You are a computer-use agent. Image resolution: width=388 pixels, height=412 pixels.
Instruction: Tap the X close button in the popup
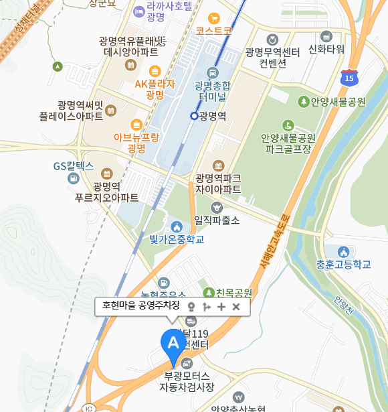click(x=236, y=307)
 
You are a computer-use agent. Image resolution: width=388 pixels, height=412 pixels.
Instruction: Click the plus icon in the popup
click(x=221, y=307)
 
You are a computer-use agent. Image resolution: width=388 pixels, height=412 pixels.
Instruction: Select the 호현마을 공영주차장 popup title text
click(x=140, y=306)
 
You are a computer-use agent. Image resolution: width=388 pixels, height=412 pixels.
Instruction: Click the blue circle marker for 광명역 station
click(x=194, y=116)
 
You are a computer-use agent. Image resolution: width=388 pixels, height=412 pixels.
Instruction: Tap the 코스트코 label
click(x=214, y=31)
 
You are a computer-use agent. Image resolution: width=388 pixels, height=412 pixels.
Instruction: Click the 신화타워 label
click(x=326, y=49)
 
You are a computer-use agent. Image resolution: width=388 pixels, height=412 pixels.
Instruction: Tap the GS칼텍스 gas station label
click(x=74, y=165)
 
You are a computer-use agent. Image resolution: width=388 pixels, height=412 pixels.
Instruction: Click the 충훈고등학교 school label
click(x=344, y=264)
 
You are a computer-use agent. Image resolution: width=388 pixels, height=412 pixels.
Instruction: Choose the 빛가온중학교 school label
click(x=177, y=238)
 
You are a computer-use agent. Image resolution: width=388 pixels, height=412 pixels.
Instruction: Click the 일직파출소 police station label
click(x=216, y=219)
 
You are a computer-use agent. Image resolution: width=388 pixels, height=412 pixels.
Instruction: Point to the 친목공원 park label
click(x=233, y=293)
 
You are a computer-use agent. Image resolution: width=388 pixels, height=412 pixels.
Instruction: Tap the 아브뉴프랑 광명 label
click(x=136, y=142)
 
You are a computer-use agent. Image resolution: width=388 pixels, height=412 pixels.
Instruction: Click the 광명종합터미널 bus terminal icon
click(x=213, y=72)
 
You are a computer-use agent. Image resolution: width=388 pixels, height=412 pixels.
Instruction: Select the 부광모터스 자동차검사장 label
click(x=187, y=381)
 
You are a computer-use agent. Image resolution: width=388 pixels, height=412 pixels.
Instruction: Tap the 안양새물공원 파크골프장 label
click(x=288, y=143)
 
